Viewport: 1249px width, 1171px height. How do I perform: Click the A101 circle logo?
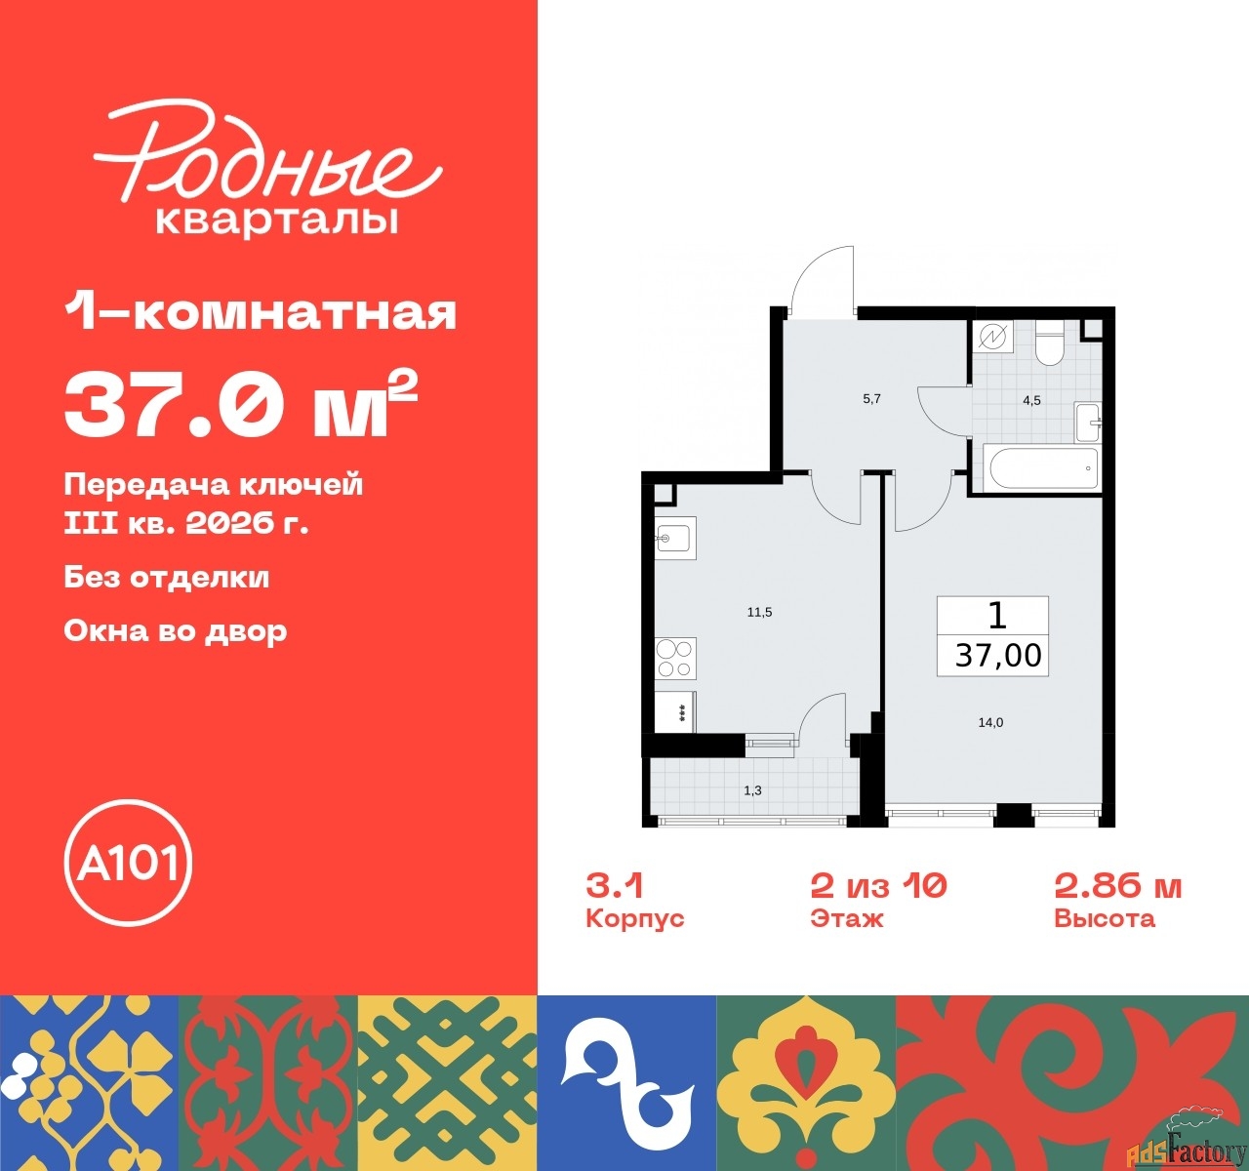click(128, 863)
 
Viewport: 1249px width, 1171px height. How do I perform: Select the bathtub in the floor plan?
click(1044, 468)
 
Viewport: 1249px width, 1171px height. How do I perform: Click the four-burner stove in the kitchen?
click(675, 659)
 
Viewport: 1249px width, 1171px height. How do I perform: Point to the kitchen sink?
click(675, 538)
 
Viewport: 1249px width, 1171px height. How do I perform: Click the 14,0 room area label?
click(990, 722)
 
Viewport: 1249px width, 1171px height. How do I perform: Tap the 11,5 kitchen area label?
click(760, 612)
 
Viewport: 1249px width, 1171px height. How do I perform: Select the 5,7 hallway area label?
click(871, 398)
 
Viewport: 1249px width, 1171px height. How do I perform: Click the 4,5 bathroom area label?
click(1031, 400)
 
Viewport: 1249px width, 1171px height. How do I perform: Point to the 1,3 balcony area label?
click(752, 791)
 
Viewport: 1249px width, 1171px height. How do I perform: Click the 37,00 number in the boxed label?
click(998, 656)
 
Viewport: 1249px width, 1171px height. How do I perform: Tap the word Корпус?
click(634, 919)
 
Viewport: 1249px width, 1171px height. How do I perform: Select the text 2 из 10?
click(878, 886)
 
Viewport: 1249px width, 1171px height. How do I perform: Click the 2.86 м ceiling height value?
click(1118, 886)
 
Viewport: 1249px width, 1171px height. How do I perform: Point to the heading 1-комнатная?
click(261, 312)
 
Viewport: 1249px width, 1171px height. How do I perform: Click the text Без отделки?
click(167, 578)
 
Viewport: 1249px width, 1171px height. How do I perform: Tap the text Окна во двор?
click(176, 631)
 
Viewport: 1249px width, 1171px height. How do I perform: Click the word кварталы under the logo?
click(277, 222)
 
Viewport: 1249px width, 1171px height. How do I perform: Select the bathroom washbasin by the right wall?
click(1087, 422)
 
